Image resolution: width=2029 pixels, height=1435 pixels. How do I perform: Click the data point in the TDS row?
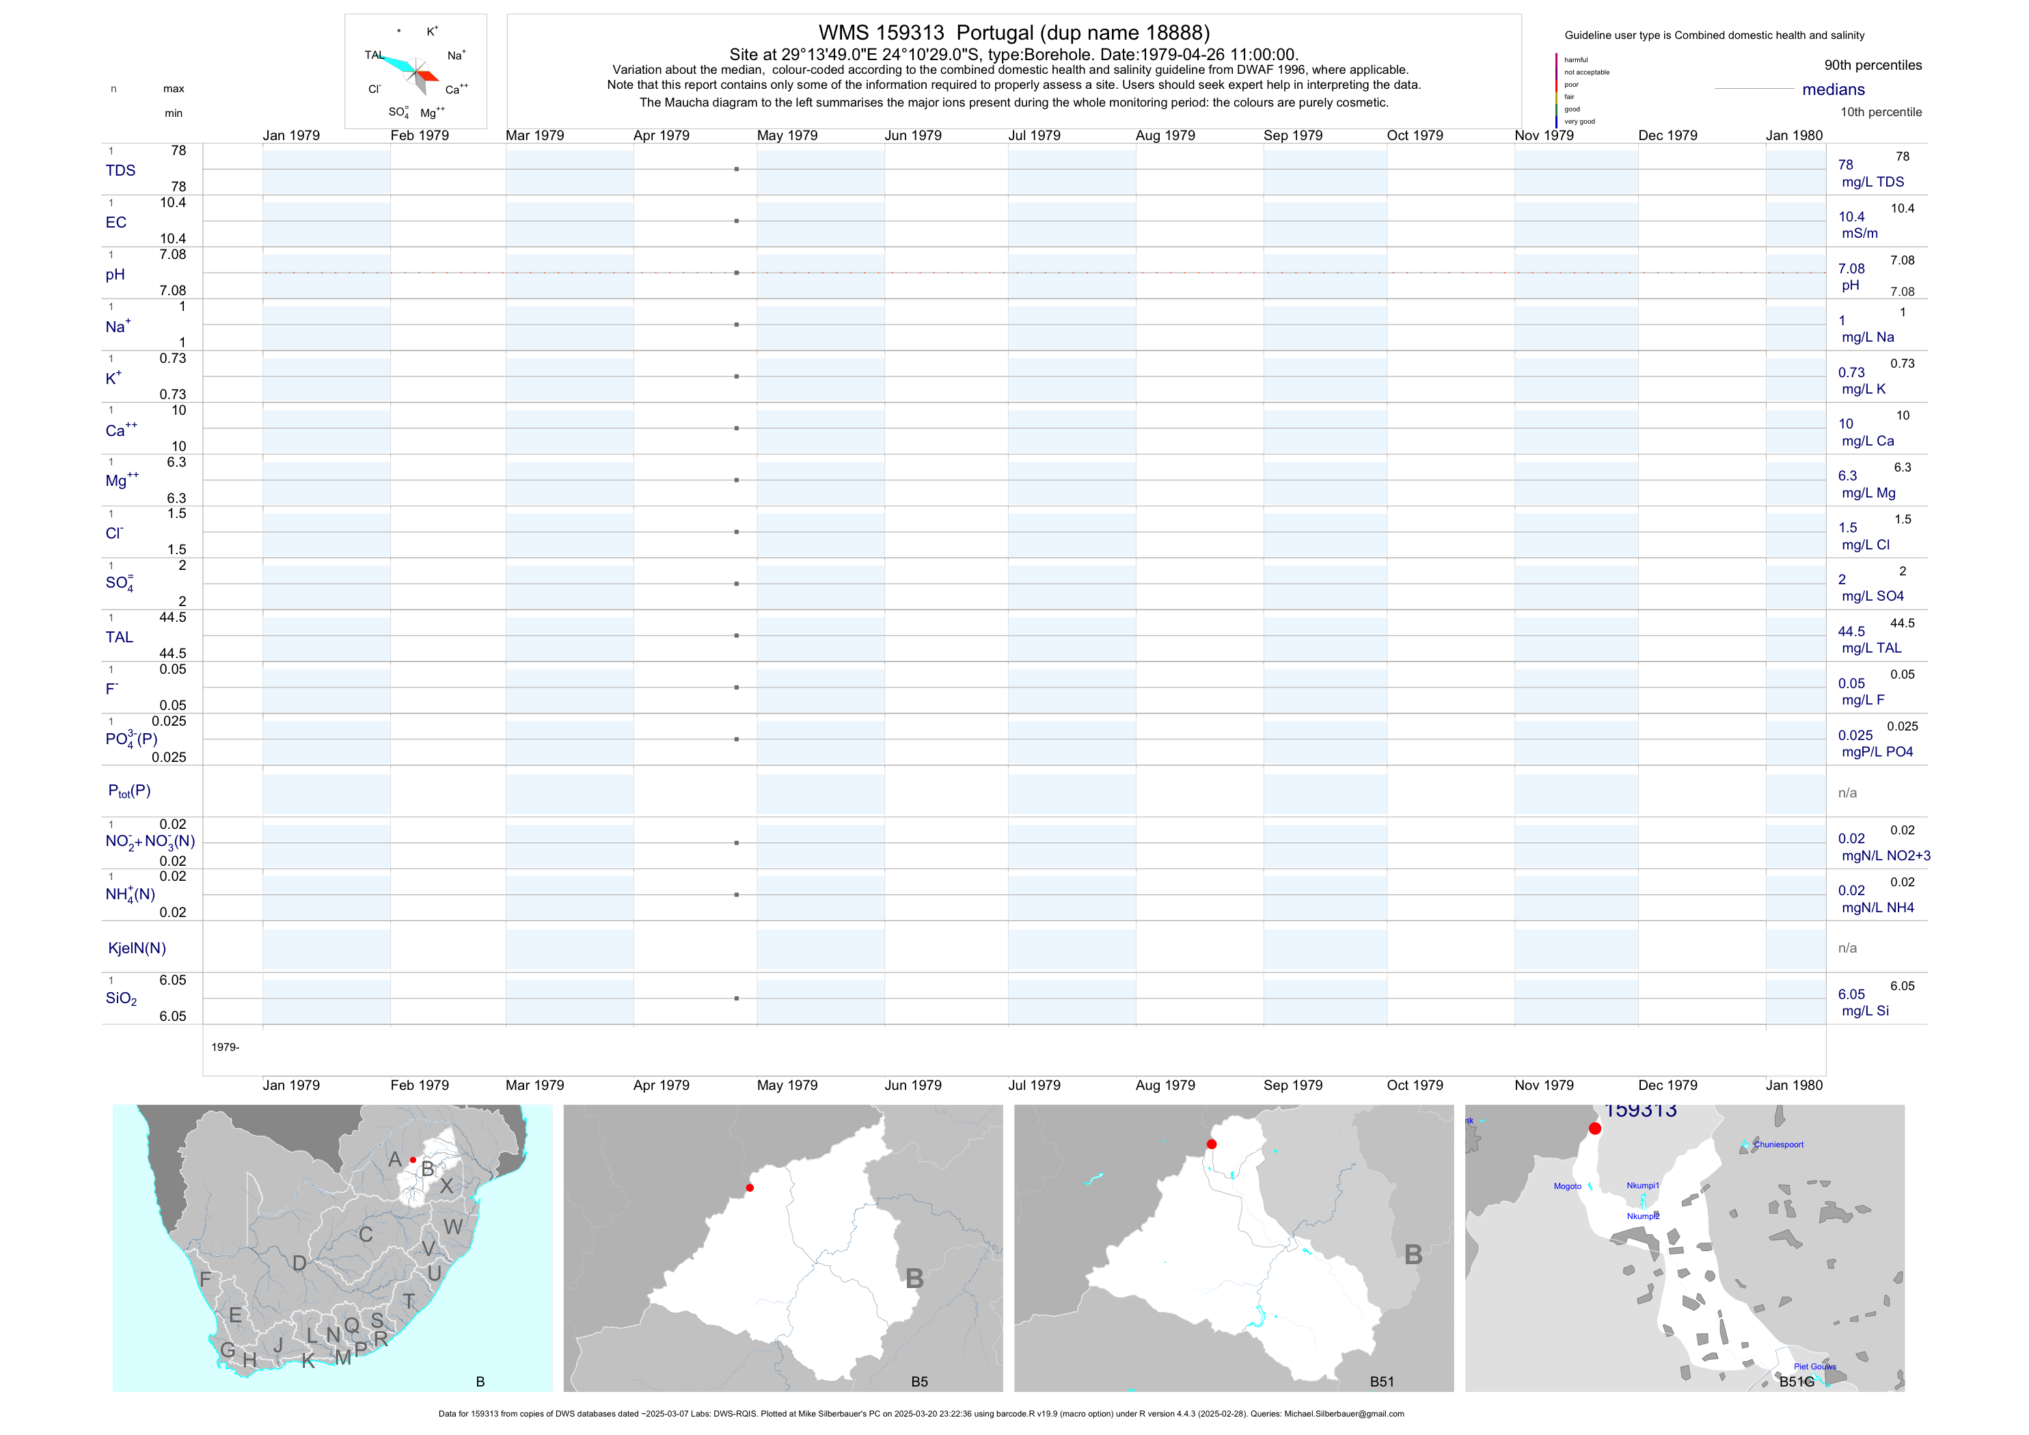(x=736, y=169)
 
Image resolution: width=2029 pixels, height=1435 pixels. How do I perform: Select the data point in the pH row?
(x=736, y=273)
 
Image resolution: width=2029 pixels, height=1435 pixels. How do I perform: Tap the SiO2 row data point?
(x=736, y=998)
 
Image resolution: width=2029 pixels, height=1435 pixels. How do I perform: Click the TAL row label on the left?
(x=120, y=637)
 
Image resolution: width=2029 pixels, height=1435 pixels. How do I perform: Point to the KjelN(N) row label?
(x=137, y=948)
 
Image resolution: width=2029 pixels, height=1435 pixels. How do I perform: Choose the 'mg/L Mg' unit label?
(x=1868, y=493)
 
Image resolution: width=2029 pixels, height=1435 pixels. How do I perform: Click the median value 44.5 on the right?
(x=1851, y=632)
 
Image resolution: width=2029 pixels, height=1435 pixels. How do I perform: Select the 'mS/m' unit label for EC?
(x=1860, y=233)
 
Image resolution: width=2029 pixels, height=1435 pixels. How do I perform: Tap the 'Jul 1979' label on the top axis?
(x=1034, y=135)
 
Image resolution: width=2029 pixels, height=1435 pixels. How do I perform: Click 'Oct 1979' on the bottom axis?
(x=1415, y=1085)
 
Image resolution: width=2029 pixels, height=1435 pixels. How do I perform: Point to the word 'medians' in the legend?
(x=1834, y=90)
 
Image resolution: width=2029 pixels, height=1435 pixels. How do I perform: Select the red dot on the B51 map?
(x=1212, y=1145)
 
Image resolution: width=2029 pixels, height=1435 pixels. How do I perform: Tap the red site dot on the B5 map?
(x=750, y=1188)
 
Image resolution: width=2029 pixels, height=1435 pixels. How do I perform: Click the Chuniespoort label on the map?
(x=1778, y=1145)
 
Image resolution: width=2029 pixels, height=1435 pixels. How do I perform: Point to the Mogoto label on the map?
(x=1568, y=1186)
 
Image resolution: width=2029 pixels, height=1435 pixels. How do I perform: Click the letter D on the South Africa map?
(x=299, y=1263)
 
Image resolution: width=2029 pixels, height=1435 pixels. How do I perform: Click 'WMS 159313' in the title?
(x=881, y=33)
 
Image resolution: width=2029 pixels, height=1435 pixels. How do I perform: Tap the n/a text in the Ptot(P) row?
(x=1847, y=793)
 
